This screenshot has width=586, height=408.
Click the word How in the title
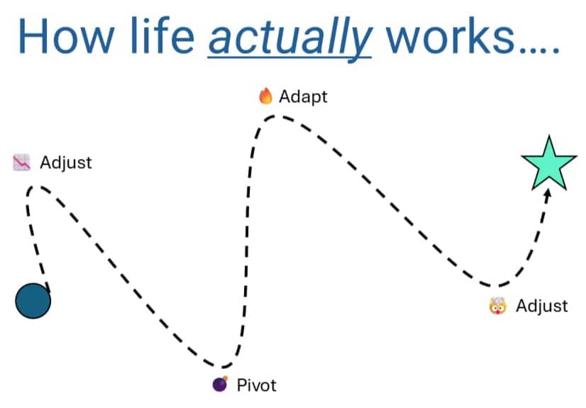(66, 37)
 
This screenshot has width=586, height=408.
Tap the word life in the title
(162, 35)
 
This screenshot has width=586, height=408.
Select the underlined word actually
(290, 39)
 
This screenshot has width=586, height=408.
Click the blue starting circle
(33, 301)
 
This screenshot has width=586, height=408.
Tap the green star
(549, 164)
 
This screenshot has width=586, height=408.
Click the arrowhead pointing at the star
(548, 194)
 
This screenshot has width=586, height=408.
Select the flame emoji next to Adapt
(266, 96)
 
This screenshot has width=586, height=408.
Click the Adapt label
(303, 97)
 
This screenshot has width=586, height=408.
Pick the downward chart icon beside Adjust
(22, 162)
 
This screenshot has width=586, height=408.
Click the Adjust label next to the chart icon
(66, 163)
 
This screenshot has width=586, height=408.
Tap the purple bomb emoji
(220, 384)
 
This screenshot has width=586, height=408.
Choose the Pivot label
(257, 385)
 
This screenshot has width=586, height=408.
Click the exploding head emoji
(498, 306)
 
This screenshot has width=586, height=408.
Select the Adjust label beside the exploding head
(542, 306)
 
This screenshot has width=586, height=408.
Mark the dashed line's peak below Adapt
(275, 117)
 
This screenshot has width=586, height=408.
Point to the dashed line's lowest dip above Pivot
(221, 366)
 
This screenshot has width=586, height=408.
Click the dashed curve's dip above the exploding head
(494, 286)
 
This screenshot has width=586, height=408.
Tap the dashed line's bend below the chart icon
(34, 187)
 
